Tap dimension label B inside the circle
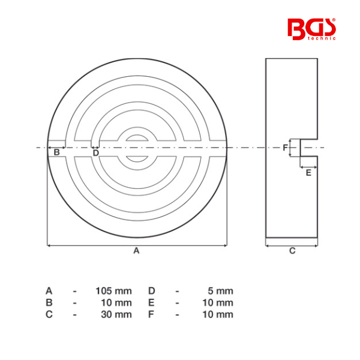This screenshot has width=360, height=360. tap(56, 152)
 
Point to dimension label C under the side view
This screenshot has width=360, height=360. tap(292, 251)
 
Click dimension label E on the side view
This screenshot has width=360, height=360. tap(308, 173)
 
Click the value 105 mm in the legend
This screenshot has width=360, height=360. tap(113, 290)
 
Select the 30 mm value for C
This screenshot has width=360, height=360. tap(116, 314)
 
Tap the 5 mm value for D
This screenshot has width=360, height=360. tap(219, 290)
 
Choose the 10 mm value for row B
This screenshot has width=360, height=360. tap(116, 302)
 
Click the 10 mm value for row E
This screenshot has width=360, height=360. tap(217, 302)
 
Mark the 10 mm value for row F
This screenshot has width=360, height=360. tap(217, 314)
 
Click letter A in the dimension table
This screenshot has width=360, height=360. tap(49, 290)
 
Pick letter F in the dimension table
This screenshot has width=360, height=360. tap(151, 314)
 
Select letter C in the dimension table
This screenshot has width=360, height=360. tap(49, 314)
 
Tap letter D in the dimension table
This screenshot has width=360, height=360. tap(152, 290)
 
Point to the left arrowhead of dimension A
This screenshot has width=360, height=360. tap(49, 245)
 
